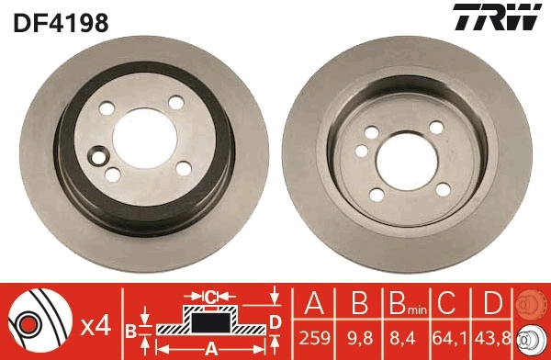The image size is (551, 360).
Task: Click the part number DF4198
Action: tap(61, 22)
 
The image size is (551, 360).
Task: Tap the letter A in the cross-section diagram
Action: tap(210, 348)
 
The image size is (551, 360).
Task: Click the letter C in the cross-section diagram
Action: tap(210, 296)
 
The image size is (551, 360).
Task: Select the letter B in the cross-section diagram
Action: tap(131, 329)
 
